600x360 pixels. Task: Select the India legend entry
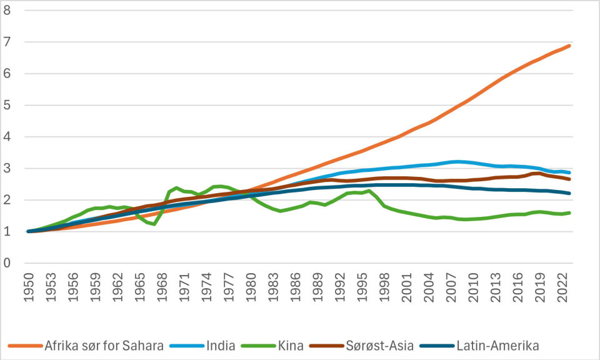(x=219, y=345)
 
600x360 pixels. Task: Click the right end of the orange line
(x=570, y=46)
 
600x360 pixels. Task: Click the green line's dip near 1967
(x=154, y=224)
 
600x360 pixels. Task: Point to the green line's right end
(x=570, y=212)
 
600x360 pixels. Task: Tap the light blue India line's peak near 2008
(x=457, y=161)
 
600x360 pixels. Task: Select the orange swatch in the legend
(x=24, y=345)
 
